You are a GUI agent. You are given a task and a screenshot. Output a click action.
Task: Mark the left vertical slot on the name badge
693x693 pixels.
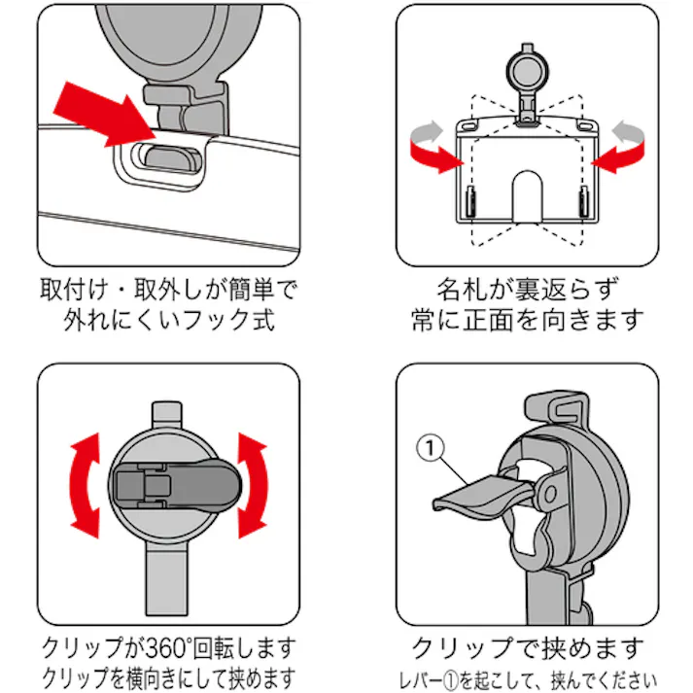(468, 203)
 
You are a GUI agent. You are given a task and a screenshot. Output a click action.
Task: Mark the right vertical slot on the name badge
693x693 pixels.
(583, 203)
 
